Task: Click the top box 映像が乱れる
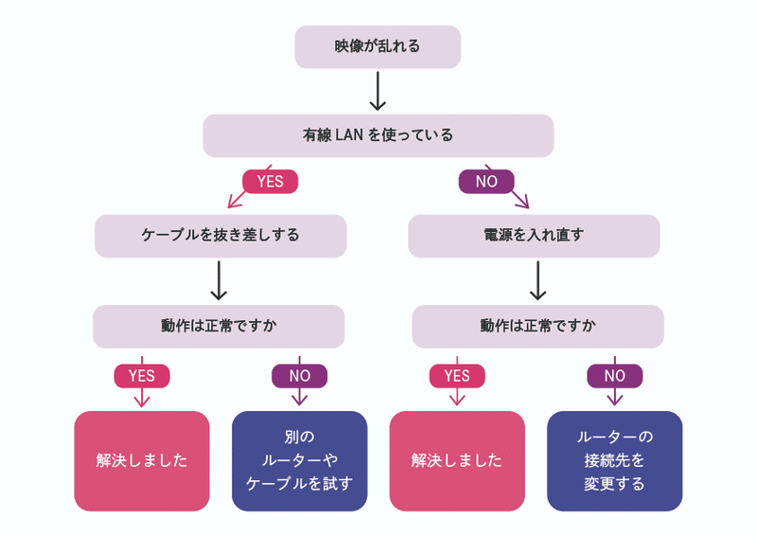pos(378,47)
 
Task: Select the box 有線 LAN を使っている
pos(378,135)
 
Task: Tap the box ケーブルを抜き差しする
pos(220,236)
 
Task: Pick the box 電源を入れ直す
pos(534,236)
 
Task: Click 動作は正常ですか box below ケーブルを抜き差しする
pos(219,326)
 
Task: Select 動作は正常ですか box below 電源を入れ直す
pos(537,326)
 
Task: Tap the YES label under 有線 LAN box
pos(271,182)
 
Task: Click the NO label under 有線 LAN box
pos(486,182)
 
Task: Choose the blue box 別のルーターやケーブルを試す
pos(299,460)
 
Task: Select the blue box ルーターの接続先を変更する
pos(614,460)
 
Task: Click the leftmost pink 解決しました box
pos(142,460)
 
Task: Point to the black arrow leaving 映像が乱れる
pos(378,91)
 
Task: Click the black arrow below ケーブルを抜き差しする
pos(219,280)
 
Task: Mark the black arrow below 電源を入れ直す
pos(537,280)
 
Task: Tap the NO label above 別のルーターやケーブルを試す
pos(299,376)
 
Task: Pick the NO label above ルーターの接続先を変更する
pos(614,376)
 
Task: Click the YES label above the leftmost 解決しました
pos(142,376)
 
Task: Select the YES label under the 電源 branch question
pos(457,376)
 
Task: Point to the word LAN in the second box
pos(348,134)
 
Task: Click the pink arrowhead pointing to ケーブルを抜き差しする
pos(234,202)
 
